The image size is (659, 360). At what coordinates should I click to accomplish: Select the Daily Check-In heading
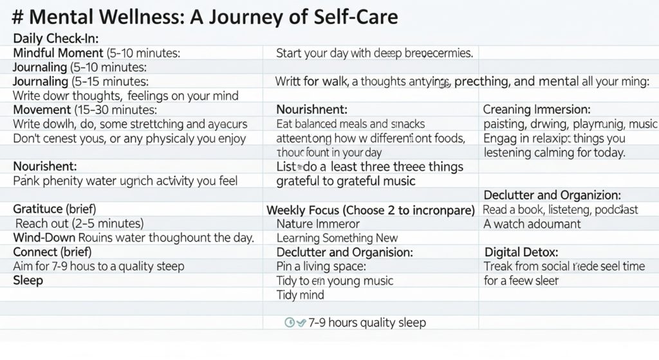click(55, 38)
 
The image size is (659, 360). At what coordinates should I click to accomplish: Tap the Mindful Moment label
click(58, 53)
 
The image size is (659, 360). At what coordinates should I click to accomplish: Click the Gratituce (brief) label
click(55, 209)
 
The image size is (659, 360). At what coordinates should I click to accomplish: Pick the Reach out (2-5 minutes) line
click(79, 223)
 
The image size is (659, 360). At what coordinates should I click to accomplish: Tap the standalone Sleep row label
click(28, 281)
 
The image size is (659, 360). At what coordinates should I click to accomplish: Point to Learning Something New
click(337, 238)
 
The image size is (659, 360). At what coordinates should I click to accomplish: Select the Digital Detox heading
click(521, 252)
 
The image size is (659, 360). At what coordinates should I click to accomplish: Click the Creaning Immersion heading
click(537, 109)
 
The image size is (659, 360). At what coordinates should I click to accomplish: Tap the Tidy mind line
click(300, 295)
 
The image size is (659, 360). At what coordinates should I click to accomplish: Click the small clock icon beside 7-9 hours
click(290, 322)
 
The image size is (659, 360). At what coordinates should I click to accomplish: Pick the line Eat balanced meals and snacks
click(351, 124)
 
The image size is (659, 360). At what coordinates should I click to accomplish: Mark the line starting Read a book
click(561, 209)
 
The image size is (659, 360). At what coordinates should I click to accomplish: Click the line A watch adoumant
click(532, 224)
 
